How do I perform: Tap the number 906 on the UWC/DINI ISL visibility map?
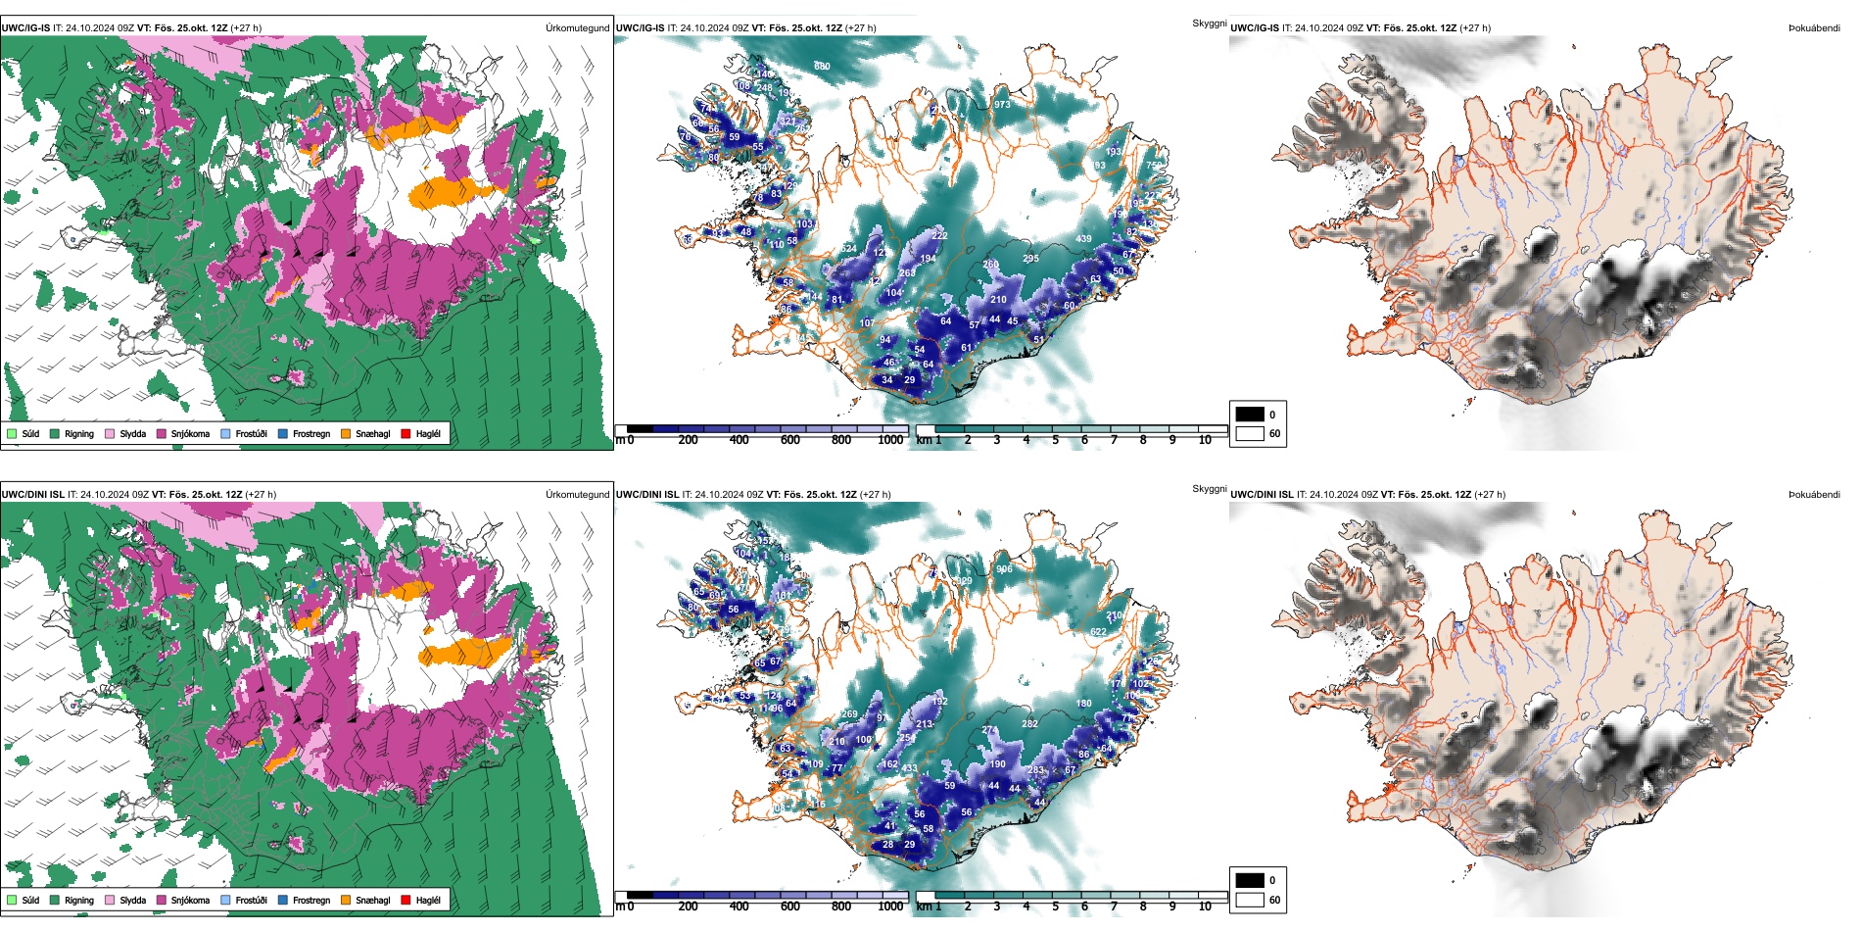point(1004,569)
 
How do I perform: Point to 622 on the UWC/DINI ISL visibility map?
point(1099,632)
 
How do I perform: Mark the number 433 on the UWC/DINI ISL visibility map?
point(910,768)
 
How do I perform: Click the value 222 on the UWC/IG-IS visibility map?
point(940,236)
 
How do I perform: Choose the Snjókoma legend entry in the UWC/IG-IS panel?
point(190,433)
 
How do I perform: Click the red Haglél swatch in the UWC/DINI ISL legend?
point(406,900)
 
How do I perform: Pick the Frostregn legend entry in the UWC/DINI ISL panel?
point(310,900)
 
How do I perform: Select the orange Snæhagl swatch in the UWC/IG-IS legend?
point(346,433)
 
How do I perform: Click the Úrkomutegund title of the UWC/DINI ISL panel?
point(577,494)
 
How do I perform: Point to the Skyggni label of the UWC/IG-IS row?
point(1209,23)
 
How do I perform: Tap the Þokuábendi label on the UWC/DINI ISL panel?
point(1814,494)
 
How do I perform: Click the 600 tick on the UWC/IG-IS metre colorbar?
point(790,440)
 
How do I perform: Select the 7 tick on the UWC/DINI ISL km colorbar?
point(1114,906)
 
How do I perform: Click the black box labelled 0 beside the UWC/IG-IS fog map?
point(1250,414)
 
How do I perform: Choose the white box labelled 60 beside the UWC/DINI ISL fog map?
point(1250,900)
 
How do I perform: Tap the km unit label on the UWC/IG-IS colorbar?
point(924,440)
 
